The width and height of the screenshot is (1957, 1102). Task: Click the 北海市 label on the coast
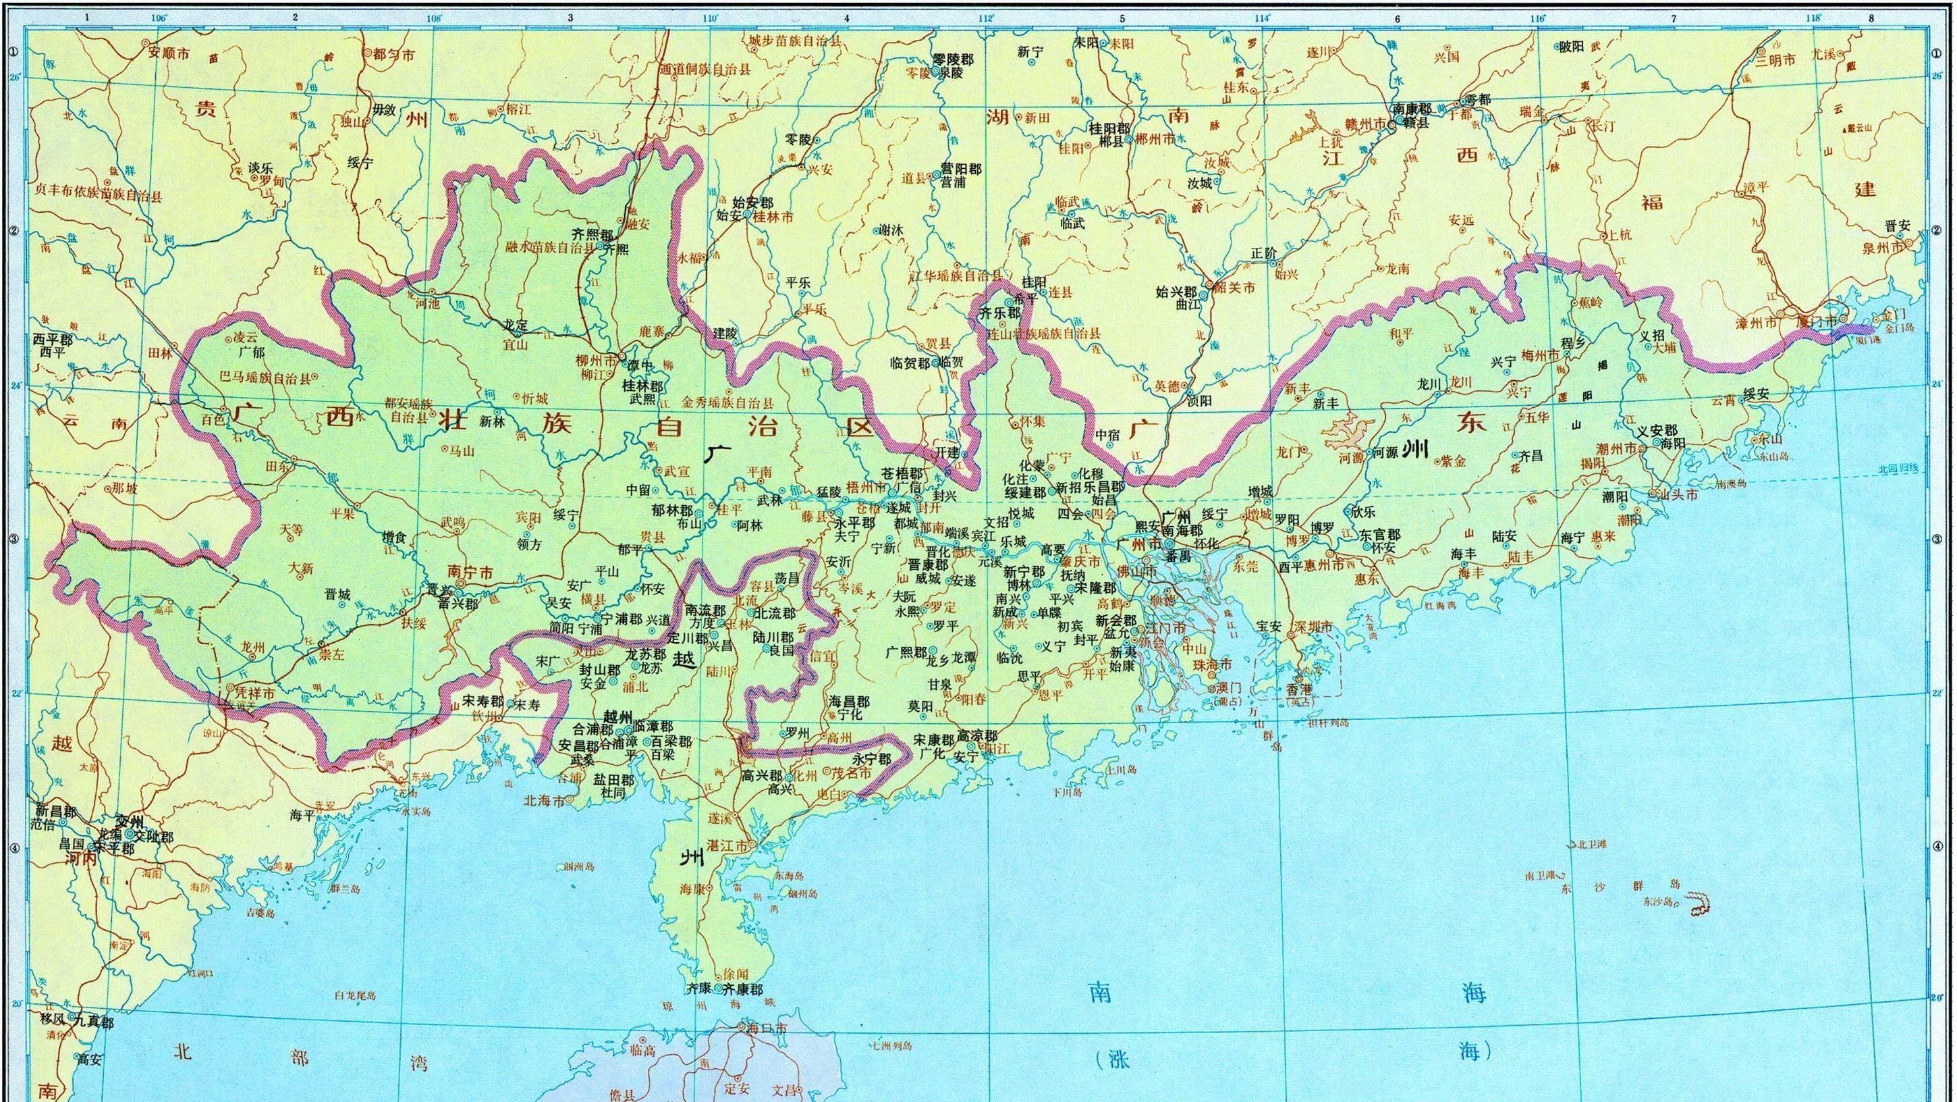[x=544, y=801]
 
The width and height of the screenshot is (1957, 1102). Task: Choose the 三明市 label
[x=1776, y=60]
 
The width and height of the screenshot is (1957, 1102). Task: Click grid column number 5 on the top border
[x=1122, y=18]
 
